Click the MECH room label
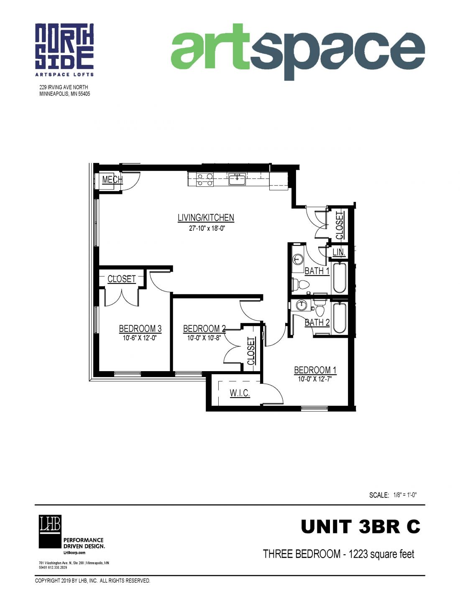112,180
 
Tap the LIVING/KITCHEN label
206,217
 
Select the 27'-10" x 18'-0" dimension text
206,229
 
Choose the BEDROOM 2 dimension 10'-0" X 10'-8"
204,338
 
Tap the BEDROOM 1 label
315,370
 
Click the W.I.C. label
240,393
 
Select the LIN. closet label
339,252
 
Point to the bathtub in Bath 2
340,318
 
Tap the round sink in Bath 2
302,305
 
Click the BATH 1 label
317,271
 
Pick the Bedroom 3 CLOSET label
122,279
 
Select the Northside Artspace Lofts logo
64,50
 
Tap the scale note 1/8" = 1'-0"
405,495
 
